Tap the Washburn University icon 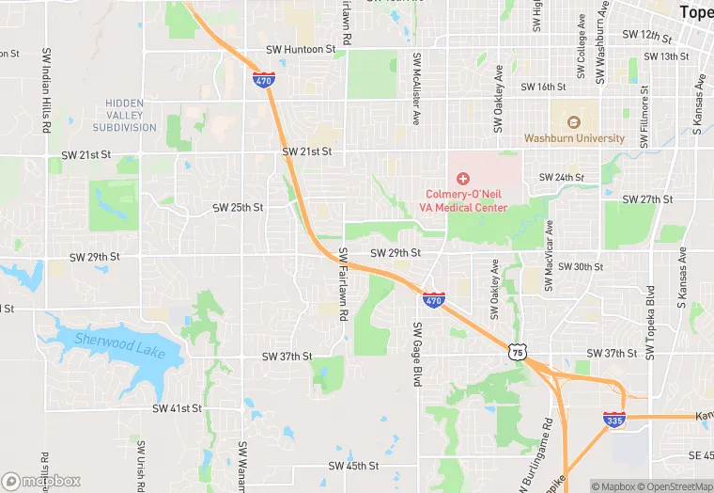pos(573,121)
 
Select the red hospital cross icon pos(462,178)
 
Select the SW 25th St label pos(238,207)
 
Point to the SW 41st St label pos(177,408)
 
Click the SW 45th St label pos(353,466)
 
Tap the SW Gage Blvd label pos(417,353)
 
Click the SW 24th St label pos(561,178)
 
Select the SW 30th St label pos(580,266)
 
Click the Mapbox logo pos(41,481)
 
